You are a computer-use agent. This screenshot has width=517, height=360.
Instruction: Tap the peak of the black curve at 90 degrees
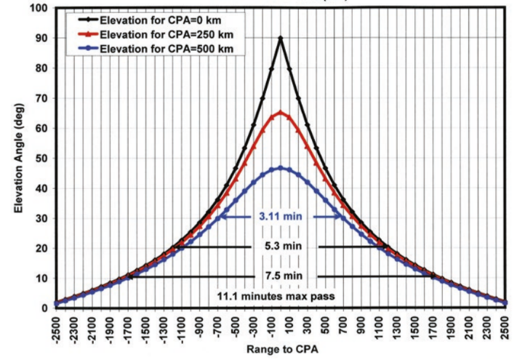coord(280,38)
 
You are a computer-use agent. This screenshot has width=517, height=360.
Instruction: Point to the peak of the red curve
coord(280,112)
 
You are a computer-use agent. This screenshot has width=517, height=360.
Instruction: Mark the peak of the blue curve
coord(280,168)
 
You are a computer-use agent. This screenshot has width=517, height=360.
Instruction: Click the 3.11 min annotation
coord(280,217)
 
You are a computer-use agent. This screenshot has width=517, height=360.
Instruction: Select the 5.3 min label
coord(280,247)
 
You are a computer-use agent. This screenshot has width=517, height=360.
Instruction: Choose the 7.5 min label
coord(280,276)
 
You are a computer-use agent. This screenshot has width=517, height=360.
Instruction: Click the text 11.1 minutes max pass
coord(280,297)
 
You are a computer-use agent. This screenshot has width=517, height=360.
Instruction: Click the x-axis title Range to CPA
coord(281,349)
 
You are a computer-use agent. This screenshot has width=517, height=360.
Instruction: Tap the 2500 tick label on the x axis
coord(505,325)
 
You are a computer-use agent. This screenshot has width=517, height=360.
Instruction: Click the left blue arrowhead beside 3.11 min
coord(222,217)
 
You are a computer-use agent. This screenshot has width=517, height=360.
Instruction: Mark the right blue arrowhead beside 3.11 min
coord(338,217)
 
